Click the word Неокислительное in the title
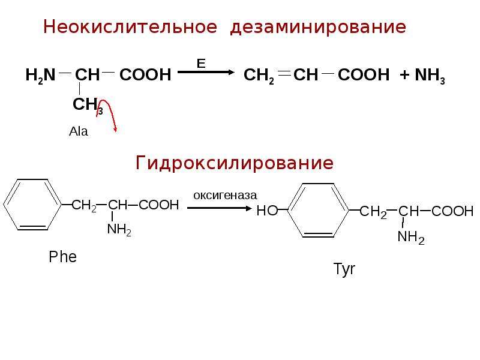coord(130,26)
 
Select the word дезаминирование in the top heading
coord(318,27)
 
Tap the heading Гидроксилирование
coord(234,163)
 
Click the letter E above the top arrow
coord(201,64)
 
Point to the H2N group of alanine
coord(40,76)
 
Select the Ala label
coord(79,131)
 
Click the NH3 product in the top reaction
coord(430,76)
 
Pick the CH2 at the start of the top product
coord(259,76)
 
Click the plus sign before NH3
coord(404,75)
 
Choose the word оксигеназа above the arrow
coord(225,196)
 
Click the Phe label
coord(63,257)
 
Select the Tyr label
coord(344,269)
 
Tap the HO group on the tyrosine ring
coord(267,211)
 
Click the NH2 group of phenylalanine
coord(119,229)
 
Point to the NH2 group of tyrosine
coord(411,237)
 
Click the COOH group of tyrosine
coord(452,211)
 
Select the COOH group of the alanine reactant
coord(145,75)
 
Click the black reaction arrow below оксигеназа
coord(220,208)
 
